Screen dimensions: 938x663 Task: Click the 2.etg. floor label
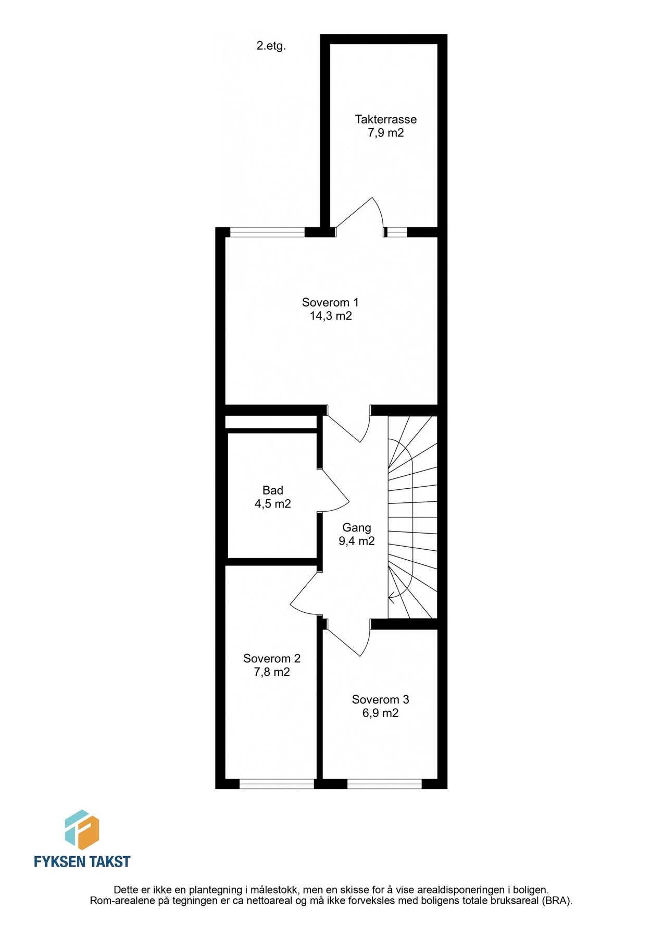(x=271, y=46)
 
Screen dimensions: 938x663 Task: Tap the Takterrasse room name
(x=385, y=119)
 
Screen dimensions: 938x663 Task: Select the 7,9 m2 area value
(x=385, y=133)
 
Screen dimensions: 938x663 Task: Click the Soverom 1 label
(x=330, y=302)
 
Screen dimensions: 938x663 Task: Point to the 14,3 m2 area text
(x=330, y=316)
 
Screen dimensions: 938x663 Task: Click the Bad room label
(x=272, y=490)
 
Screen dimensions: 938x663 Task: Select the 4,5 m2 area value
(x=272, y=504)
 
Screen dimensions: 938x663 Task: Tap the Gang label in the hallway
(x=356, y=527)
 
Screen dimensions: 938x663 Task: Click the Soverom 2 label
(x=271, y=659)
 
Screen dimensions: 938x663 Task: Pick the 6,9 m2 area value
(x=380, y=713)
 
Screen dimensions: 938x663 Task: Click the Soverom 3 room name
(x=380, y=699)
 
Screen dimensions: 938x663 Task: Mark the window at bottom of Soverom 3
(x=384, y=783)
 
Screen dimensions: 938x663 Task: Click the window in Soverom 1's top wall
(x=267, y=232)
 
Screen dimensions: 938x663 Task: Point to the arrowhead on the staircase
(x=391, y=597)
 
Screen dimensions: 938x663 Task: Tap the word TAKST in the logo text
(x=108, y=861)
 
